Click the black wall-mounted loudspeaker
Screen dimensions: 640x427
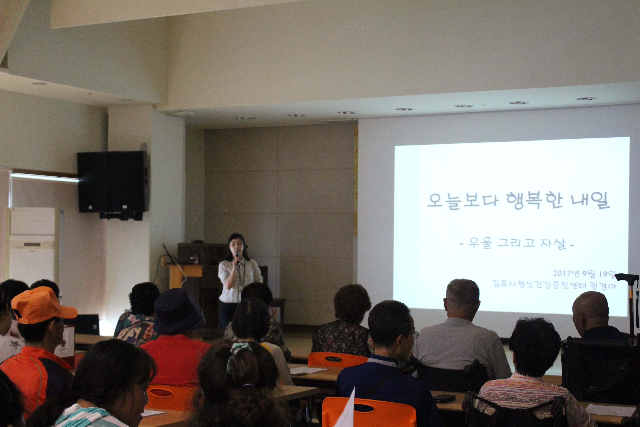tap(113, 182)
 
